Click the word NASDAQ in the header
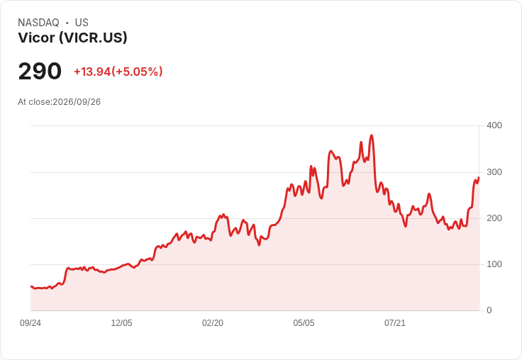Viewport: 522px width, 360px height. click(38, 23)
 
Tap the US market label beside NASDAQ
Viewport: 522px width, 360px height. click(82, 23)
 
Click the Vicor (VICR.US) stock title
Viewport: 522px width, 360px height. click(72, 38)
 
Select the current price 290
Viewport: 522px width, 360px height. click(40, 71)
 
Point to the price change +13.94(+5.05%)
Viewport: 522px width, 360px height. click(118, 72)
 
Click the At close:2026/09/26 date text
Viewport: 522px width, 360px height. click(60, 102)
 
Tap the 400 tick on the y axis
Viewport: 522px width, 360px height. click(494, 125)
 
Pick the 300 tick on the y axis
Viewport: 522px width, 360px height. click(494, 172)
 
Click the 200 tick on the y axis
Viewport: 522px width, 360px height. click(494, 218)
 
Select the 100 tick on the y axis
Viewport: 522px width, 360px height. click(494, 264)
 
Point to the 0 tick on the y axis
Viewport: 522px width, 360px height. click(489, 310)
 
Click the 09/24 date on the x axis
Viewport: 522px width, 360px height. click(30, 323)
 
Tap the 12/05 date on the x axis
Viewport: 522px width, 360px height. click(121, 323)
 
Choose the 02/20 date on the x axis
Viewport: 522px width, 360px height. click(213, 323)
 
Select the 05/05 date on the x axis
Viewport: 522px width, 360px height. click(304, 323)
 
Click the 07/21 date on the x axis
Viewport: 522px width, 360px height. click(395, 323)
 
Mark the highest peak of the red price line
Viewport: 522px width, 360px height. click(372, 135)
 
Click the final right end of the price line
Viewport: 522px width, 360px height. click(479, 178)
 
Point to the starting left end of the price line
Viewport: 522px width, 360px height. click(31, 286)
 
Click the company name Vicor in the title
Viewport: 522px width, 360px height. click(36, 38)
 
